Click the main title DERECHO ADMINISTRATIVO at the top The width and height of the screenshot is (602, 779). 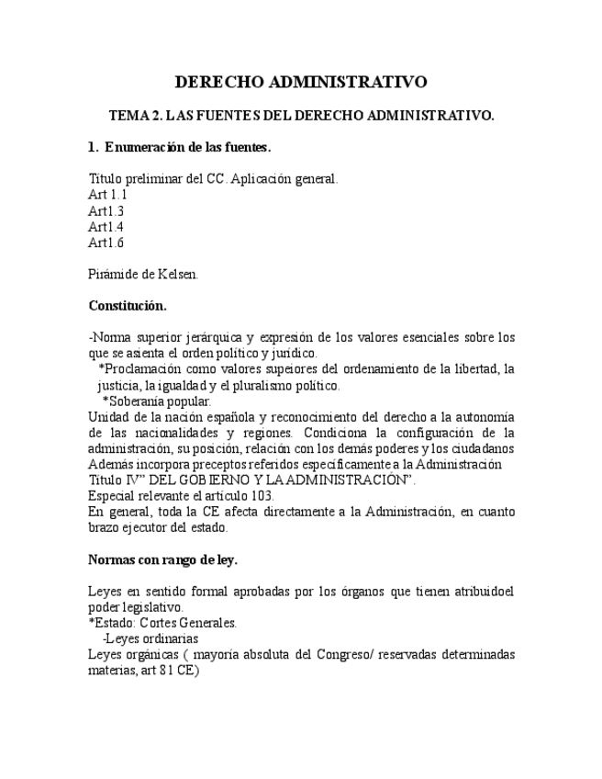click(301, 83)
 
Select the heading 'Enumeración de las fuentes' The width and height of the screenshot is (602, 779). click(187, 147)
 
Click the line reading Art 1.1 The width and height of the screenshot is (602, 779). click(107, 195)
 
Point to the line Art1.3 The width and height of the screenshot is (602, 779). click(106, 210)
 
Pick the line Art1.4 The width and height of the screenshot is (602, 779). click(106, 227)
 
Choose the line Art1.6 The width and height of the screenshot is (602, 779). click(106, 243)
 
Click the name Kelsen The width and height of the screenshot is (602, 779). click(174, 274)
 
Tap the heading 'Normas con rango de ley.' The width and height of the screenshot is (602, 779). click(162, 559)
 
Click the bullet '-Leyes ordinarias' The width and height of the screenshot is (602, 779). click(150, 638)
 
